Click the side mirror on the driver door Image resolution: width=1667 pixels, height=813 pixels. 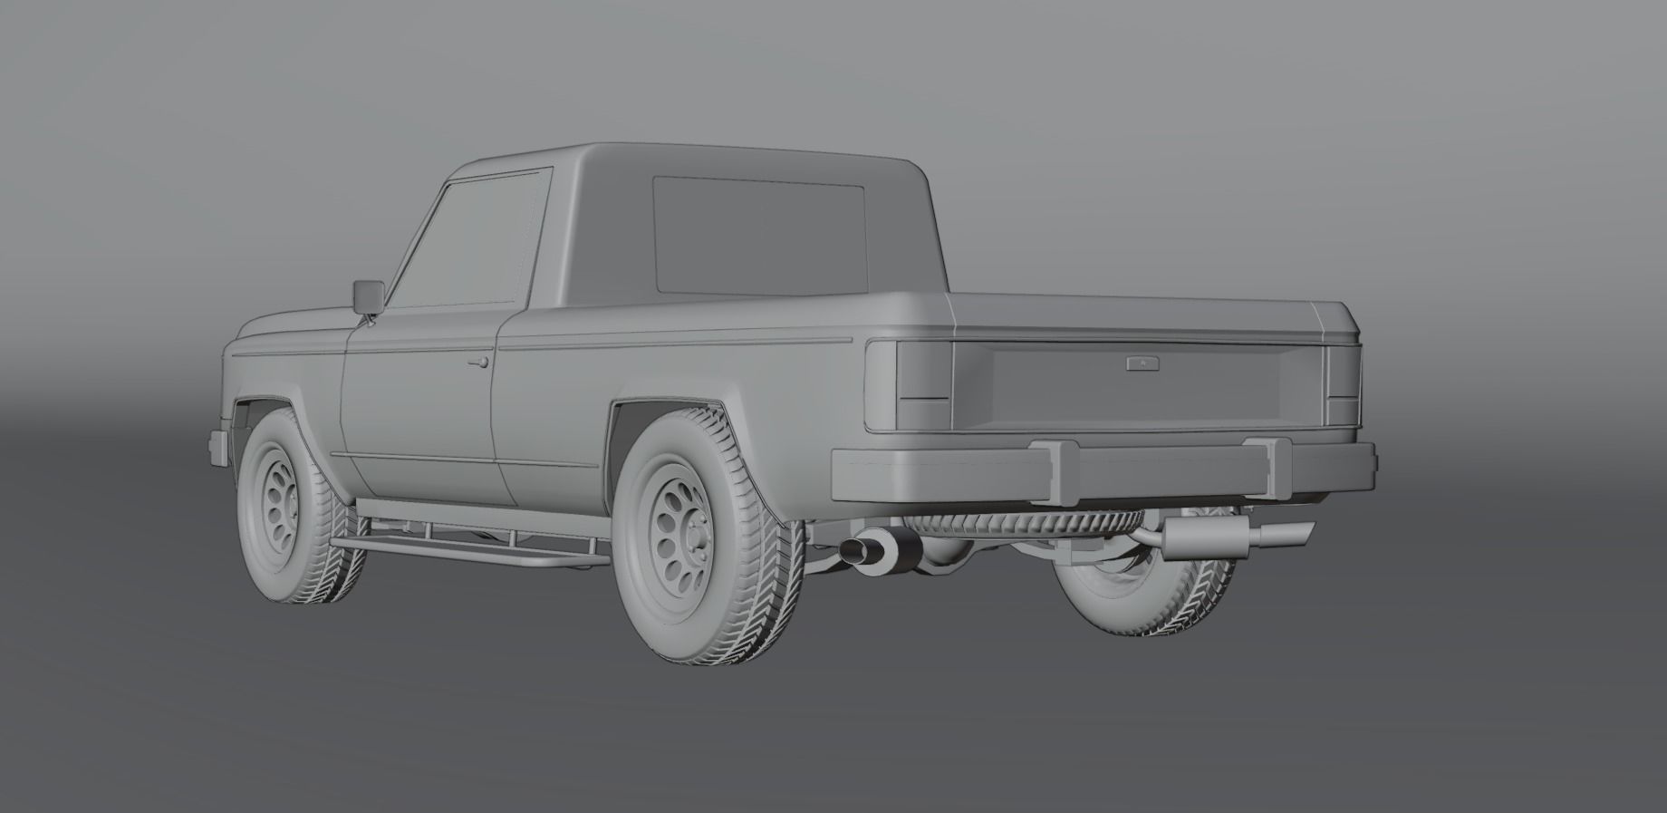tap(368, 296)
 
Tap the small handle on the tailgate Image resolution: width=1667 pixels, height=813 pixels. tap(1137, 363)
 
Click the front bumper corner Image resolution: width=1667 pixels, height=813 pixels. tap(218, 445)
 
